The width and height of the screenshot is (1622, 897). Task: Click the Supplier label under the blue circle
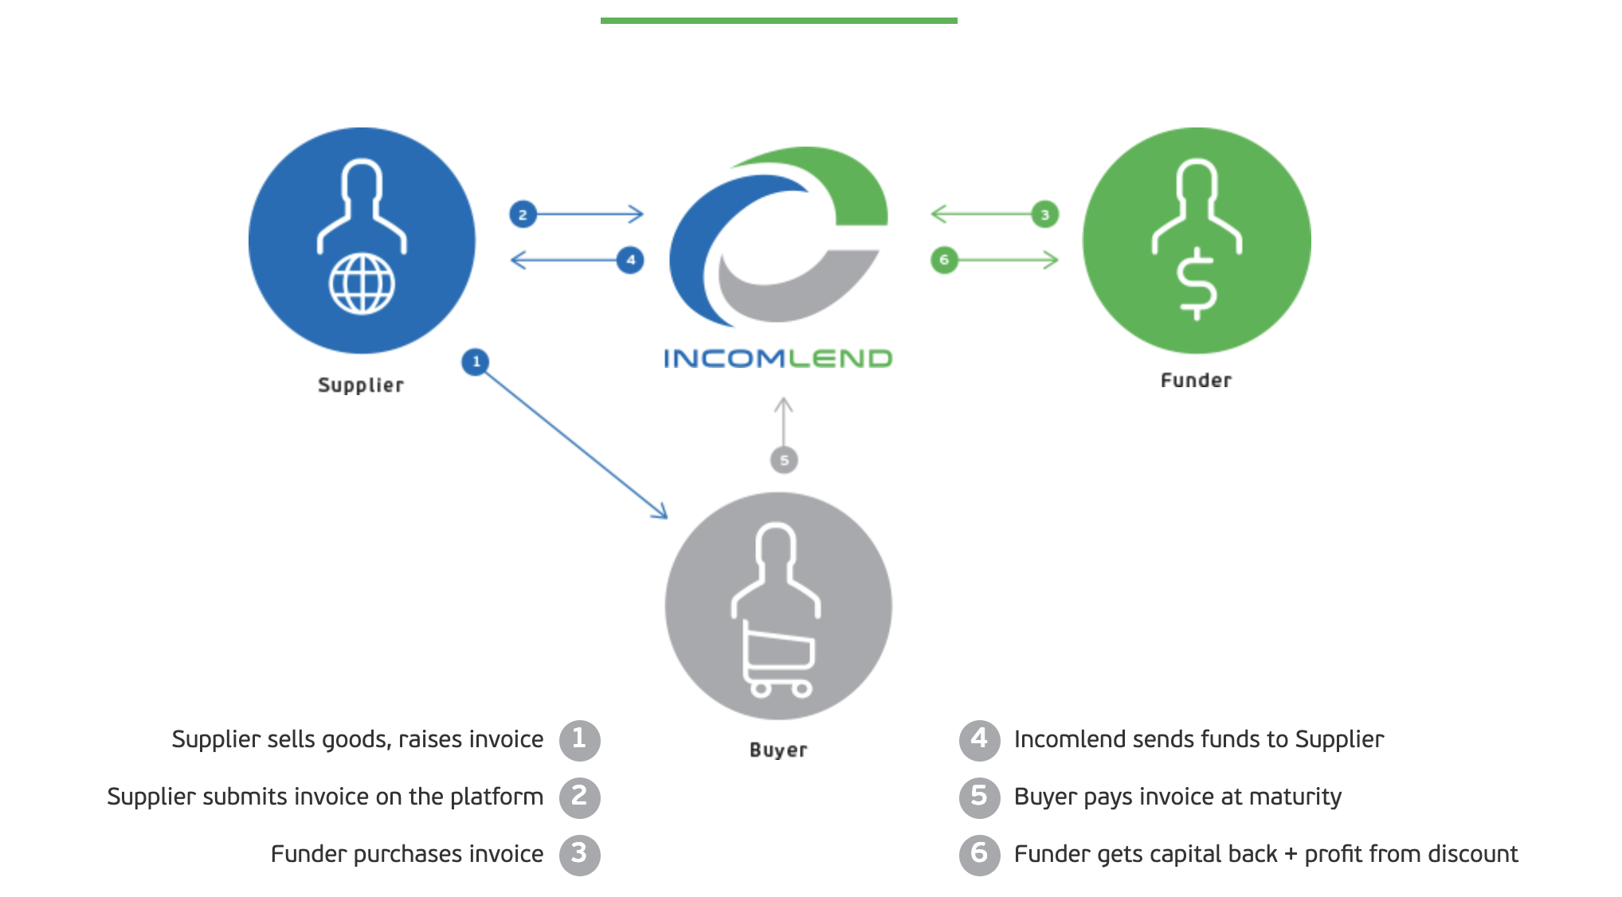click(x=361, y=386)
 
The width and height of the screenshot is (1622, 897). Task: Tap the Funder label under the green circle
click(x=1196, y=381)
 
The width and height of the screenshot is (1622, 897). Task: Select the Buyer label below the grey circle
click(x=778, y=750)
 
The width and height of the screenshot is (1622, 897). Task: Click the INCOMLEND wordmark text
click(x=778, y=358)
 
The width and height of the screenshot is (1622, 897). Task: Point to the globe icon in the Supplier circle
click(x=362, y=284)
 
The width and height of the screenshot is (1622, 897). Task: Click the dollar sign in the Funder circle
click(x=1197, y=284)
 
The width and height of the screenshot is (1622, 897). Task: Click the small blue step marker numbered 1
click(x=476, y=362)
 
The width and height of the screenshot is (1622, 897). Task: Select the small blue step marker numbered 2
click(x=523, y=214)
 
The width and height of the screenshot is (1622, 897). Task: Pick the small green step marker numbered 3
click(x=1045, y=214)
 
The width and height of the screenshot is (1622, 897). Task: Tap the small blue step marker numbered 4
click(x=630, y=260)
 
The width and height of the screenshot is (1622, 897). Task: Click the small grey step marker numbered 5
click(x=784, y=460)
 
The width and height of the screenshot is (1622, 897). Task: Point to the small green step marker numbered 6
click(x=944, y=260)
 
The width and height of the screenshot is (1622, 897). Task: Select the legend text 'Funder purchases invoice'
click(x=407, y=854)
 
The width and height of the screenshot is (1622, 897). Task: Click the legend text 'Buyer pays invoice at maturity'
click(x=1177, y=797)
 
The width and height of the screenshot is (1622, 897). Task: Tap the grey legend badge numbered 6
click(x=979, y=854)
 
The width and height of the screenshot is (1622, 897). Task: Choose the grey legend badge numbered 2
click(x=579, y=797)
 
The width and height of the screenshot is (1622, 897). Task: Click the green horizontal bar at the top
click(x=778, y=21)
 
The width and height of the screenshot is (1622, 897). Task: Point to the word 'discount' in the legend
click(x=1473, y=854)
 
